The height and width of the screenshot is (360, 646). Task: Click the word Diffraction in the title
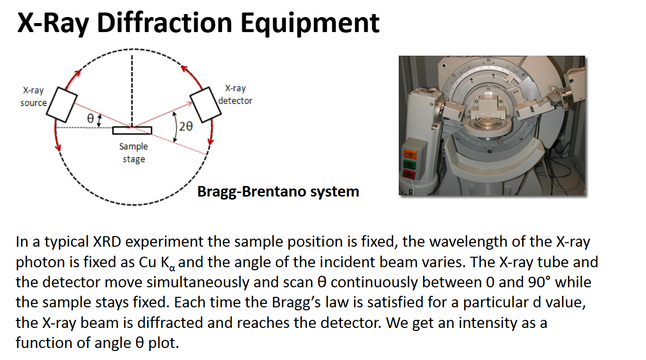[x=165, y=23]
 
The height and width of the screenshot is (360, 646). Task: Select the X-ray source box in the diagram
[x=62, y=105]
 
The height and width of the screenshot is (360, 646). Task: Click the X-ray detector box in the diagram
[x=205, y=105]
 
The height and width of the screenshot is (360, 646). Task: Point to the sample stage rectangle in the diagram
[x=132, y=130]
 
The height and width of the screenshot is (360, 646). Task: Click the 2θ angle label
[x=186, y=126]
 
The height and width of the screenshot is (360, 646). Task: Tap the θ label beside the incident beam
[x=91, y=118]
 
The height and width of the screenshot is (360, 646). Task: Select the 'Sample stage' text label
[x=133, y=153]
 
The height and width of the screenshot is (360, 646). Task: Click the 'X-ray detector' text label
[x=235, y=95]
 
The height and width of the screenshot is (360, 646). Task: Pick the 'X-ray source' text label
[x=34, y=97]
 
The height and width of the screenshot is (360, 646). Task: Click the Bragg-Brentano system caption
[x=278, y=192]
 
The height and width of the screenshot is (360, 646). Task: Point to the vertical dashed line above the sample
[x=132, y=91]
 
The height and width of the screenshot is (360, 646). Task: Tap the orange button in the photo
[x=410, y=154]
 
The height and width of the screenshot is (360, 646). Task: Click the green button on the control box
[x=410, y=164]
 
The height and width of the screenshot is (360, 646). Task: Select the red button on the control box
[x=409, y=174]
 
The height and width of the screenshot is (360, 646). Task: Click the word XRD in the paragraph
[x=107, y=242]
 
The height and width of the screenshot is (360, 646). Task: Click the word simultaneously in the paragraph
[x=198, y=282]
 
